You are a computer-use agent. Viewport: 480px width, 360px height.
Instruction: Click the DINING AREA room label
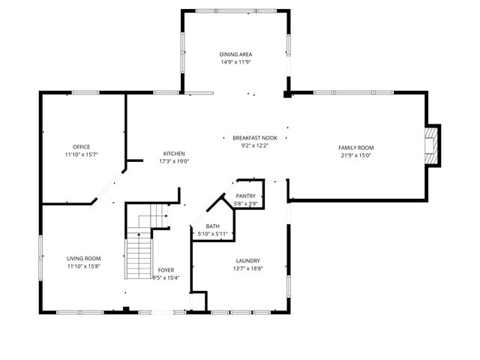[x=235, y=55]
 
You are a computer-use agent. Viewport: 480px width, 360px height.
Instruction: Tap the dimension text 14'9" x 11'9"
[x=235, y=63]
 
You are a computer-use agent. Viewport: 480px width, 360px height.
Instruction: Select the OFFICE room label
[x=82, y=146]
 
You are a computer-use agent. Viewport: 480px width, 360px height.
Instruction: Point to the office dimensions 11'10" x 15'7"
[x=82, y=154]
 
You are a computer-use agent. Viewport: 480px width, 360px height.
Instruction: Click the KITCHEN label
[x=174, y=153]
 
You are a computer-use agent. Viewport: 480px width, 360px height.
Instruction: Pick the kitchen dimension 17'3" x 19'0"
[x=174, y=161]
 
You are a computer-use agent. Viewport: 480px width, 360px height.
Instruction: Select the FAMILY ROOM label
[x=356, y=148]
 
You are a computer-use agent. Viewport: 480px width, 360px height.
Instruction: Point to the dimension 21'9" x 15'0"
[x=356, y=156]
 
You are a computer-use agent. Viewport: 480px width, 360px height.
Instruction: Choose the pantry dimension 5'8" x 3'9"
[x=246, y=203]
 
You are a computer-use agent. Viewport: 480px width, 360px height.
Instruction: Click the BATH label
[x=213, y=226]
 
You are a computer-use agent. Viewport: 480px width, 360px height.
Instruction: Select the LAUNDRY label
[x=247, y=261]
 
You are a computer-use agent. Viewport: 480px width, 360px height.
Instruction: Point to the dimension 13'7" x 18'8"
[x=247, y=269]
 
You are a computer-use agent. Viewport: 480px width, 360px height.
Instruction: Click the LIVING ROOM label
[x=84, y=259]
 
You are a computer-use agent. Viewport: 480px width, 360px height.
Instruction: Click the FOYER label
[x=166, y=270]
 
